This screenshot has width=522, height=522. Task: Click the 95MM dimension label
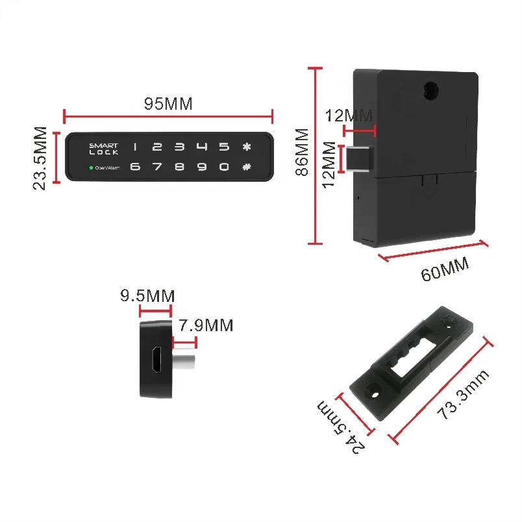coord(168,104)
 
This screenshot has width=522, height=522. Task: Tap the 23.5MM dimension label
coord(40,158)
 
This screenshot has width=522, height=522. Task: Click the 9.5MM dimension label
coord(147,296)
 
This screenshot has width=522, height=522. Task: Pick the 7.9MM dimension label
coord(206,325)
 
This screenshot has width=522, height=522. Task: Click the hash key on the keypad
coord(246,166)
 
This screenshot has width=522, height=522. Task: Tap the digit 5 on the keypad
coord(224,147)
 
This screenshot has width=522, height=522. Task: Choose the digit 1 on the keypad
coord(136,147)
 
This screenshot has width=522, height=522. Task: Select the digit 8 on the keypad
coord(180,167)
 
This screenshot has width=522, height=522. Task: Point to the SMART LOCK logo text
coord(104,149)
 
